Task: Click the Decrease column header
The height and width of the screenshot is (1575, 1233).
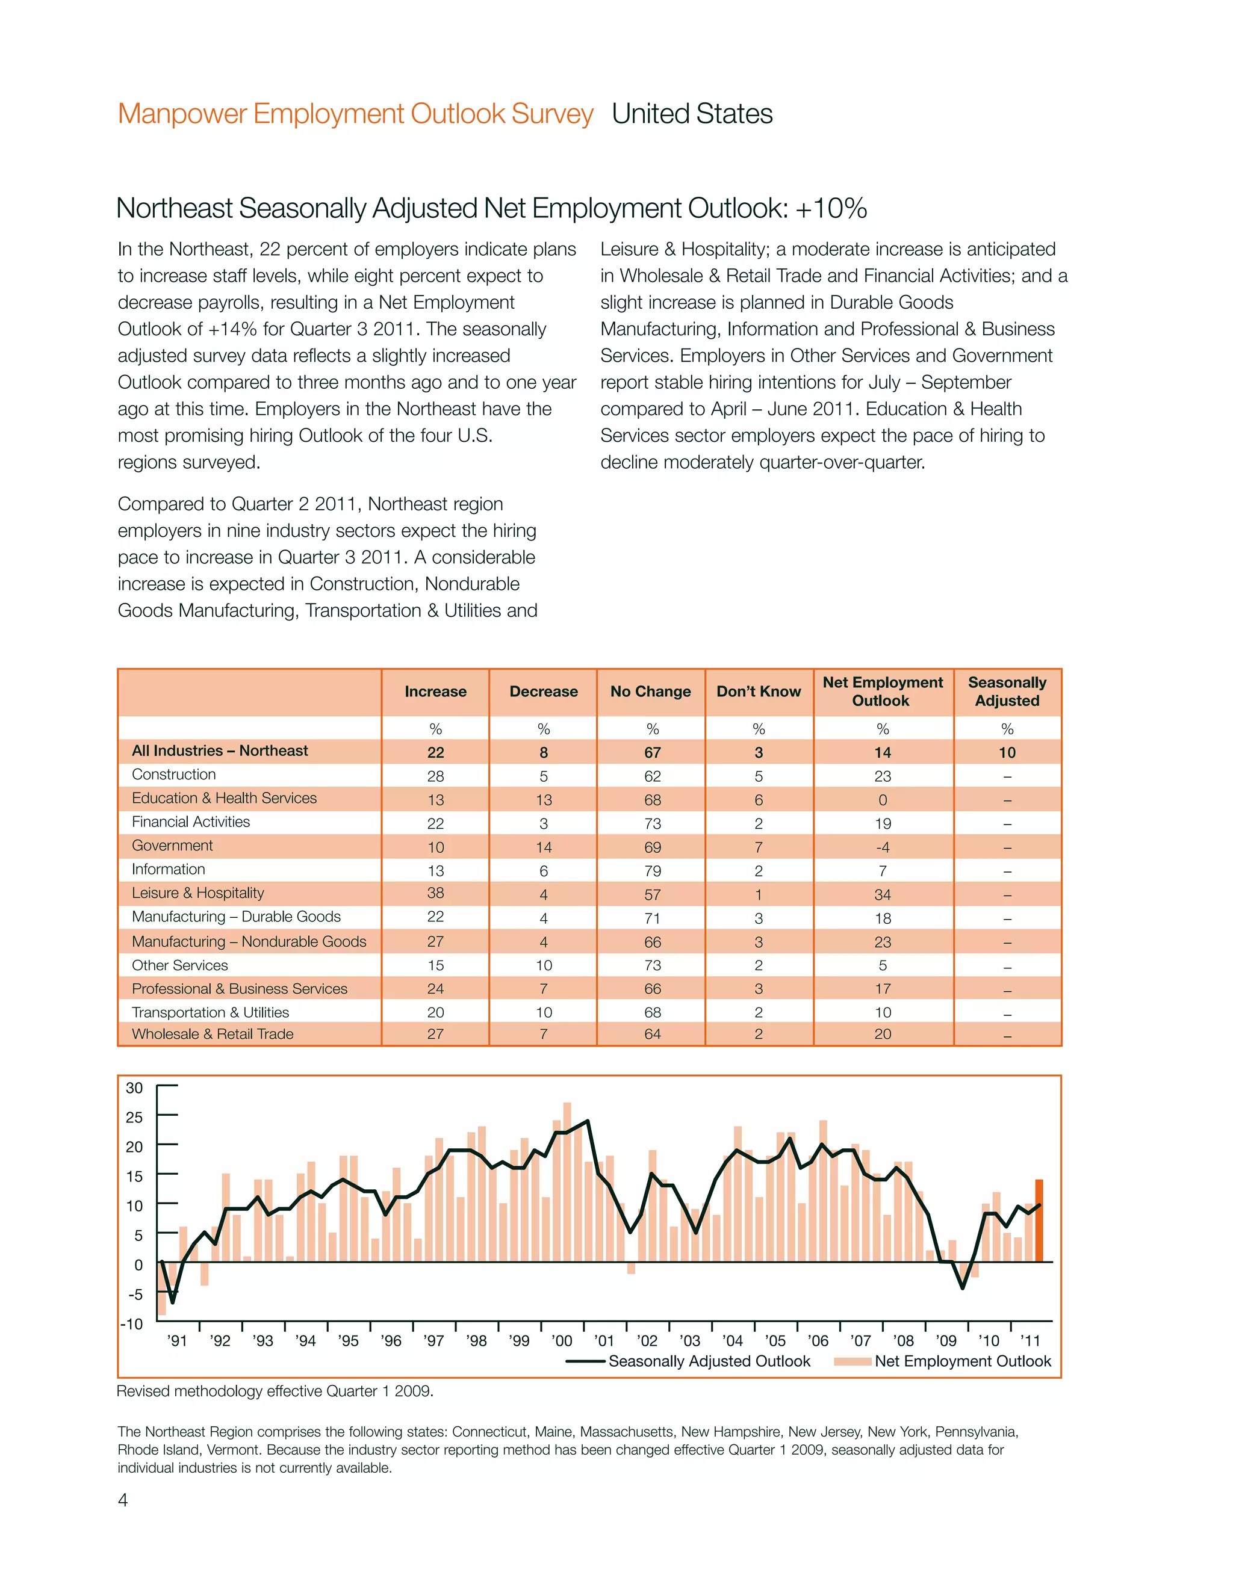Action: coord(543,691)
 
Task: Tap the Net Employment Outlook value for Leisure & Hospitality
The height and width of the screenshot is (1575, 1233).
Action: coord(882,895)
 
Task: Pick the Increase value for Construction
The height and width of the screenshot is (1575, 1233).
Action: coord(435,776)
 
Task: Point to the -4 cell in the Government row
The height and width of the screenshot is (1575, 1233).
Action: coord(882,847)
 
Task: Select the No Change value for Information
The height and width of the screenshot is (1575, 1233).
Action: coord(652,871)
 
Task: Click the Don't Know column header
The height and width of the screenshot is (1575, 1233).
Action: coord(758,691)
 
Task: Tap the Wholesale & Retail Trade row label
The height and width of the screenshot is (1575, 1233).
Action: coord(213,1034)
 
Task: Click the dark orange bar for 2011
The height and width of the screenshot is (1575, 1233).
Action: coord(1039,1222)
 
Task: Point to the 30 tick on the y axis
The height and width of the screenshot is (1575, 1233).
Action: coord(135,1088)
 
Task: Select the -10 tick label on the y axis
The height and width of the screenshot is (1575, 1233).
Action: coord(132,1324)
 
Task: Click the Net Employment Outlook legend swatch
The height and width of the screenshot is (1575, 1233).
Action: coord(852,1361)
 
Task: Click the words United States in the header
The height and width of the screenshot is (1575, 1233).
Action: coord(692,114)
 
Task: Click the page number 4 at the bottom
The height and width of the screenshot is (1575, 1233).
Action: coord(123,1500)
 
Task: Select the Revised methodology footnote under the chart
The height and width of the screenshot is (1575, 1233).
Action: coord(275,1391)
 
